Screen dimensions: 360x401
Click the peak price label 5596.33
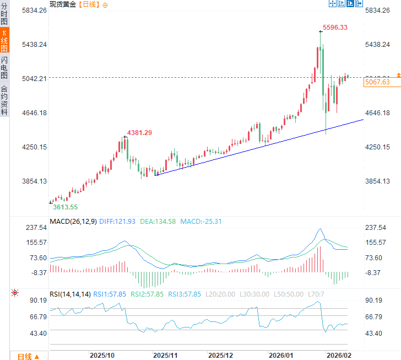point(335,27)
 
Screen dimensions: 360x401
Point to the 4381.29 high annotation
point(139,132)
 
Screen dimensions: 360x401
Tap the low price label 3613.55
point(65,207)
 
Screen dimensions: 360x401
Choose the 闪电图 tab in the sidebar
point(4,68)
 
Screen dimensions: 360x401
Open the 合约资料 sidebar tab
point(4,100)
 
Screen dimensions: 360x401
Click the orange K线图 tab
point(4,41)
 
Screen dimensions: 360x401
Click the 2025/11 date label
point(165,355)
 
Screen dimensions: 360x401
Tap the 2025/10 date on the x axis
point(102,355)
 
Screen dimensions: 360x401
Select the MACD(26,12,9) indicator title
point(73,222)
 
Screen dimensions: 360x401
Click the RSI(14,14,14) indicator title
point(70,294)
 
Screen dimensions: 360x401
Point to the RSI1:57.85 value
point(110,294)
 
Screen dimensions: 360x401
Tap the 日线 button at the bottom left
point(28,356)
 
